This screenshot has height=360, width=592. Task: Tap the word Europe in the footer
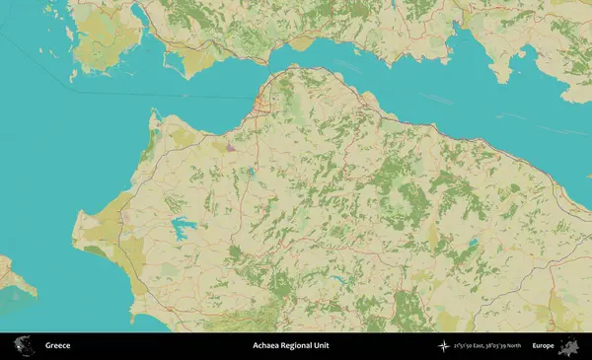(543, 346)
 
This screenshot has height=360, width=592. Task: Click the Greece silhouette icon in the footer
(23, 346)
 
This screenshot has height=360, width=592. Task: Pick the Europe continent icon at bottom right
(569, 346)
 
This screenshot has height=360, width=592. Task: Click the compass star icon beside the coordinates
(443, 346)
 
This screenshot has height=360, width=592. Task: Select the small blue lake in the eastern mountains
(473, 241)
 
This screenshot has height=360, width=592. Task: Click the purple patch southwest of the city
(229, 148)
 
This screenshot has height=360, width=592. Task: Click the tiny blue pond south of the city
(253, 171)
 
